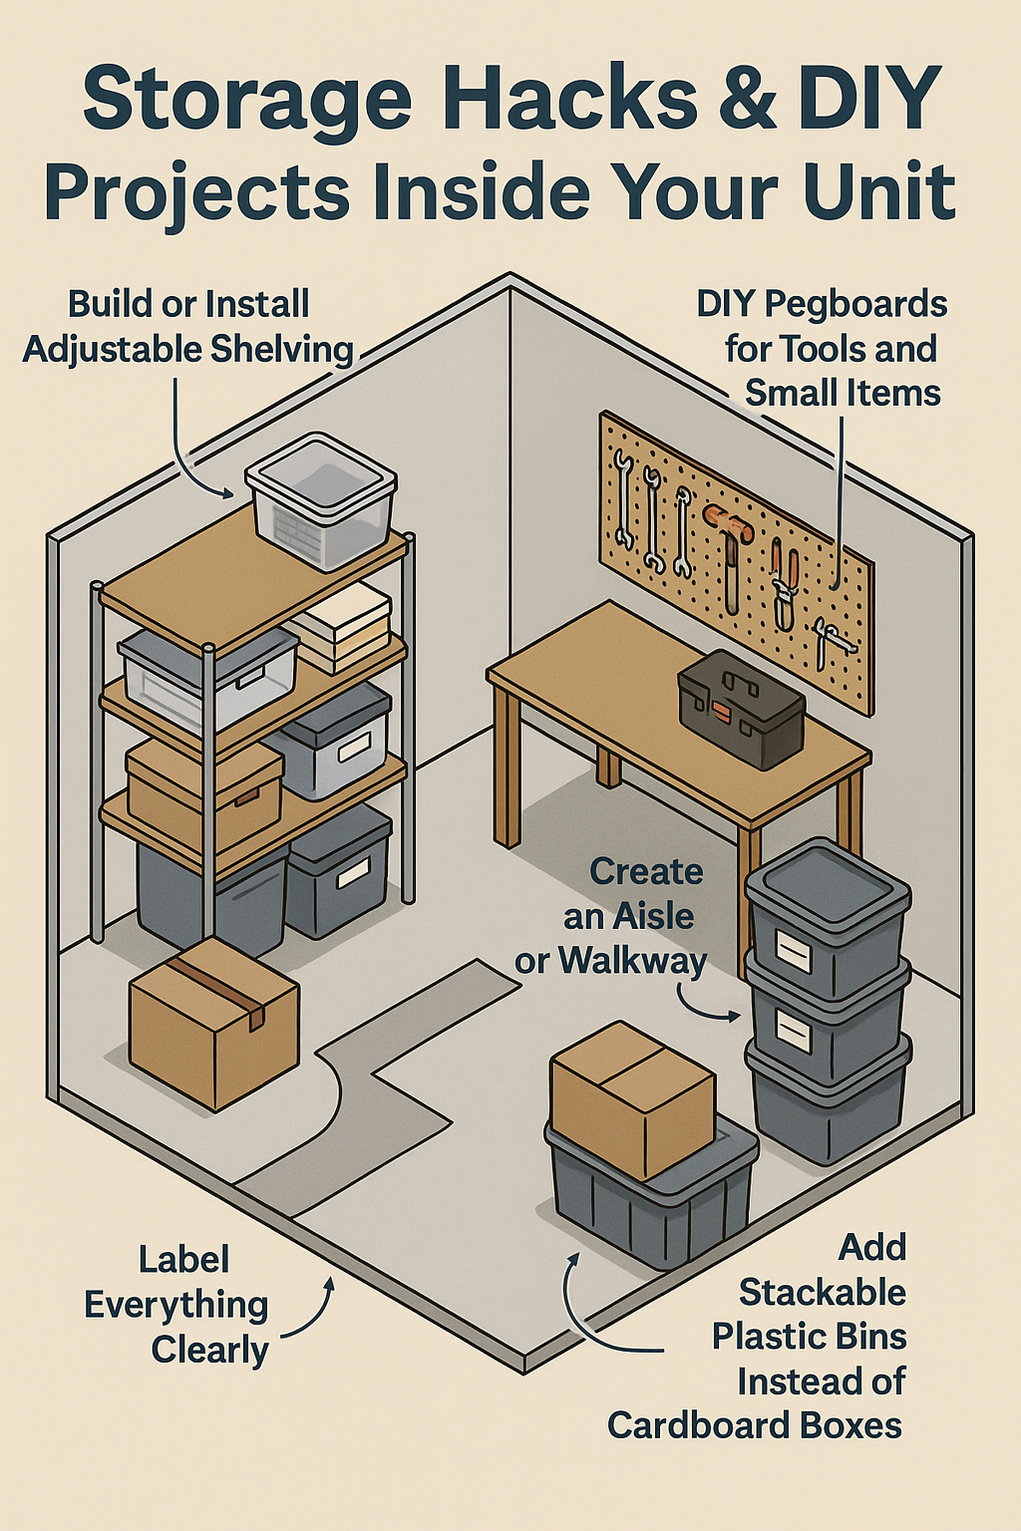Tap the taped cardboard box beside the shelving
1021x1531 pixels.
pyautogui.click(x=213, y=1022)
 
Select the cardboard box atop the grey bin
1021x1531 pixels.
pyautogui.click(x=632, y=1096)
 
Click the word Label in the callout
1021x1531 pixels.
pyautogui.click(x=183, y=1259)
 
